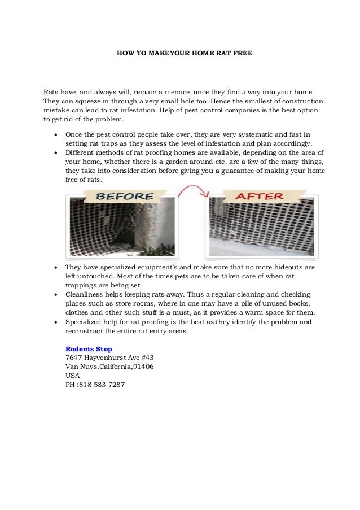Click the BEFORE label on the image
[x=126, y=196]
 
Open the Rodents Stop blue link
[x=89, y=349]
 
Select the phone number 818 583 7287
[x=104, y=384]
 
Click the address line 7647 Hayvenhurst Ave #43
[x=109, y=358]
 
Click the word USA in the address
[x=73, y=375]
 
